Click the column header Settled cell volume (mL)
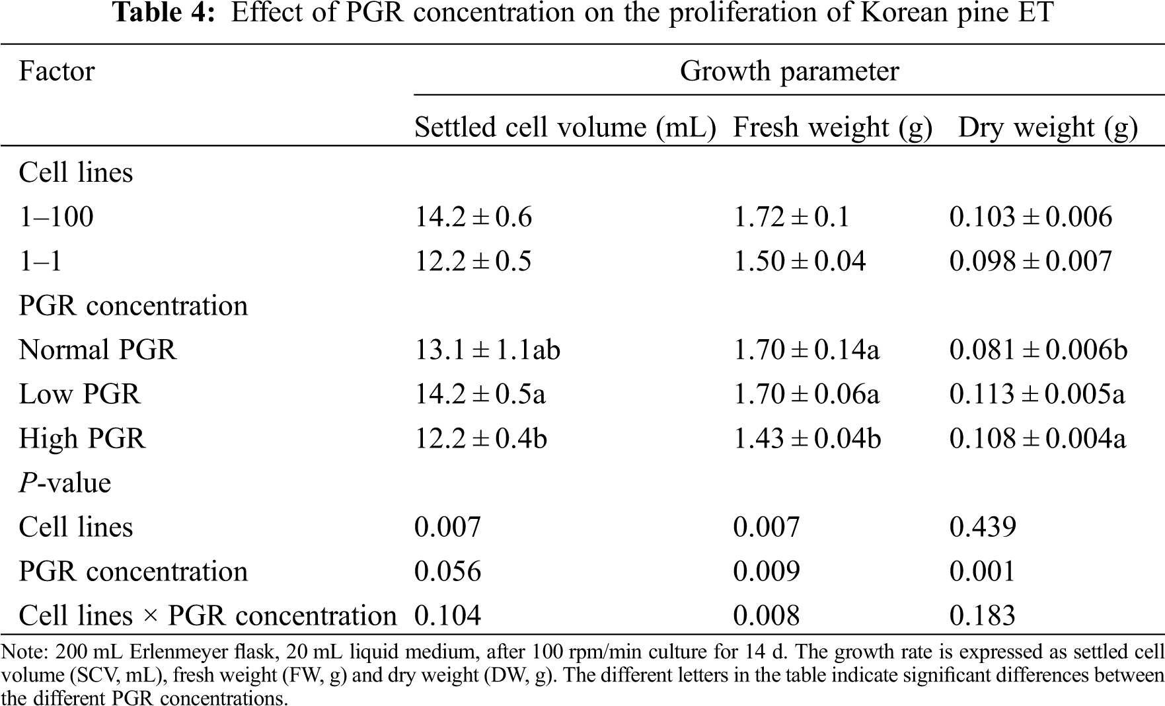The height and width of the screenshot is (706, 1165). (x=565, y=128)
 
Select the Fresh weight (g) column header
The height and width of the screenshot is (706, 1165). (x=833, y=128)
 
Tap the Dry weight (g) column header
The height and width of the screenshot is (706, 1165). (x=1047, y=128)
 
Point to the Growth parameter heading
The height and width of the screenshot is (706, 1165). (x=789, y=71)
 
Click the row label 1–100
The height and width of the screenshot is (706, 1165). (x=56, y=217)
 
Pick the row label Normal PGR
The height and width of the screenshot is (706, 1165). (x=98, y=350)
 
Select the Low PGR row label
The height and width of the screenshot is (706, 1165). (x=79, y=394)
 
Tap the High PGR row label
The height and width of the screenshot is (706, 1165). (x=82, y=438)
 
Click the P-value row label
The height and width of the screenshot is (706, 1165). (x=65, y=483)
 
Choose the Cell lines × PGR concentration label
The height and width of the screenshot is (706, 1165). (x=207, y=615)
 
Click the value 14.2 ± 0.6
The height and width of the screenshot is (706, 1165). (x=473, y=217)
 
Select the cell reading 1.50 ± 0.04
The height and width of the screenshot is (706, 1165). (x=800, y=261)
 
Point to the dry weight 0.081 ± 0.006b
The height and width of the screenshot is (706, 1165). (x=1038, y=350)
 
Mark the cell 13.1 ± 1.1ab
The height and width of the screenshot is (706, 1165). (x=487, y=350)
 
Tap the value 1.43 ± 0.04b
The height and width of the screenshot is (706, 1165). (x=807, y=438)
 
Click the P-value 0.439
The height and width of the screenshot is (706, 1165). (x=983, y=527)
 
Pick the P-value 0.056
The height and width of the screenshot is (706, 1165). (x=447, y=571)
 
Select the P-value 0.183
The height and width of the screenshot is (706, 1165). (x=982, y=615)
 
